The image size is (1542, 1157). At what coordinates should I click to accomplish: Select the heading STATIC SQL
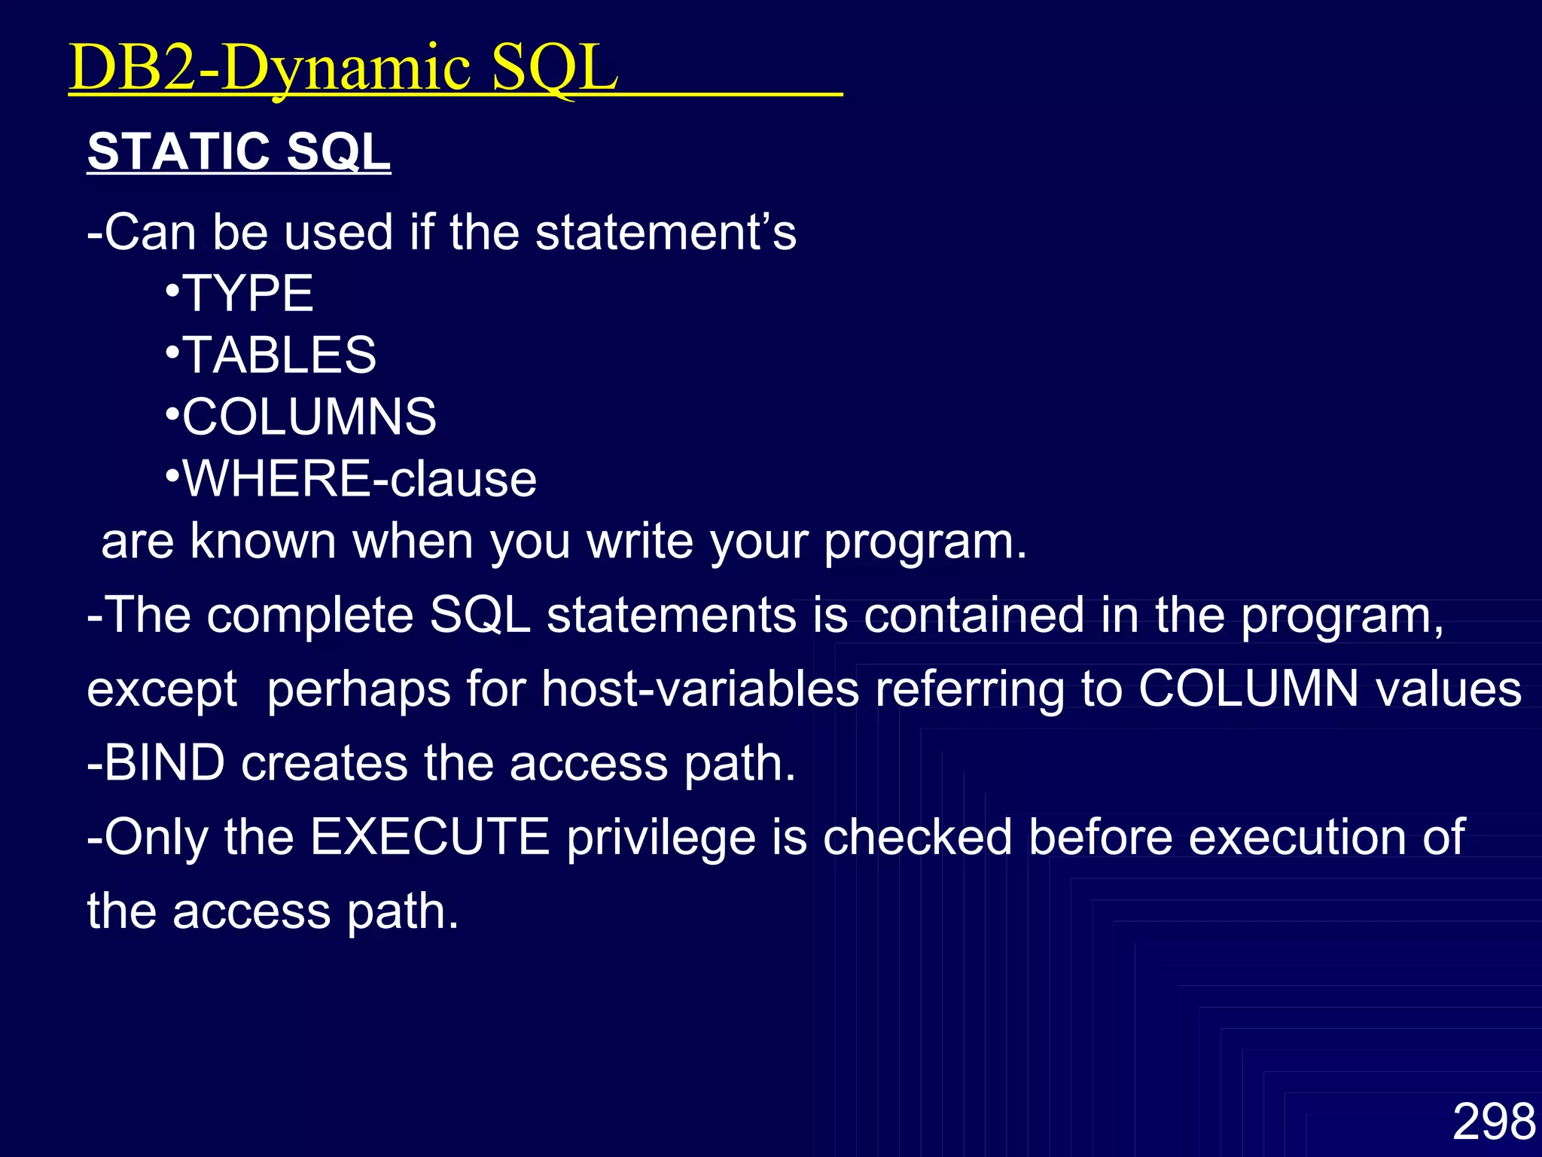click(x=239, y=151)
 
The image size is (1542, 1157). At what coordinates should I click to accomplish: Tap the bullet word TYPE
click(x=248, y=293)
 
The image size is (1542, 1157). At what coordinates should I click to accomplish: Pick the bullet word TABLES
click(x=279, y=355)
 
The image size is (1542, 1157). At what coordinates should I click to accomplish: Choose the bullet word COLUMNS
click(x=309, y=417)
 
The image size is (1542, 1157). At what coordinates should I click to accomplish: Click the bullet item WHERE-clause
click(x=360, y=478)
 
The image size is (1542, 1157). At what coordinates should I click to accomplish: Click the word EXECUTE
click(x=430, y=836)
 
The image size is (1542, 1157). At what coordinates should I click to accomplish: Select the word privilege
click(x=661, y=838)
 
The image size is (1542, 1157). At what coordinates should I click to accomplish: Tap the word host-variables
click(x=700, y=688)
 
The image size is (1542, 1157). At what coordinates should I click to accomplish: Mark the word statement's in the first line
click(x=666, y=231)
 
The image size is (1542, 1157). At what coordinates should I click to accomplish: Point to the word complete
click(x=309, y=615)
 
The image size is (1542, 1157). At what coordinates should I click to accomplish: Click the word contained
click(x=974, y=615)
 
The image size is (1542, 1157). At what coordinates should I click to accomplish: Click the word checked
click(x=917, y=836)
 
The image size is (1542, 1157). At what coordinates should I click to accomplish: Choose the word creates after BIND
click(x=324, y=762)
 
